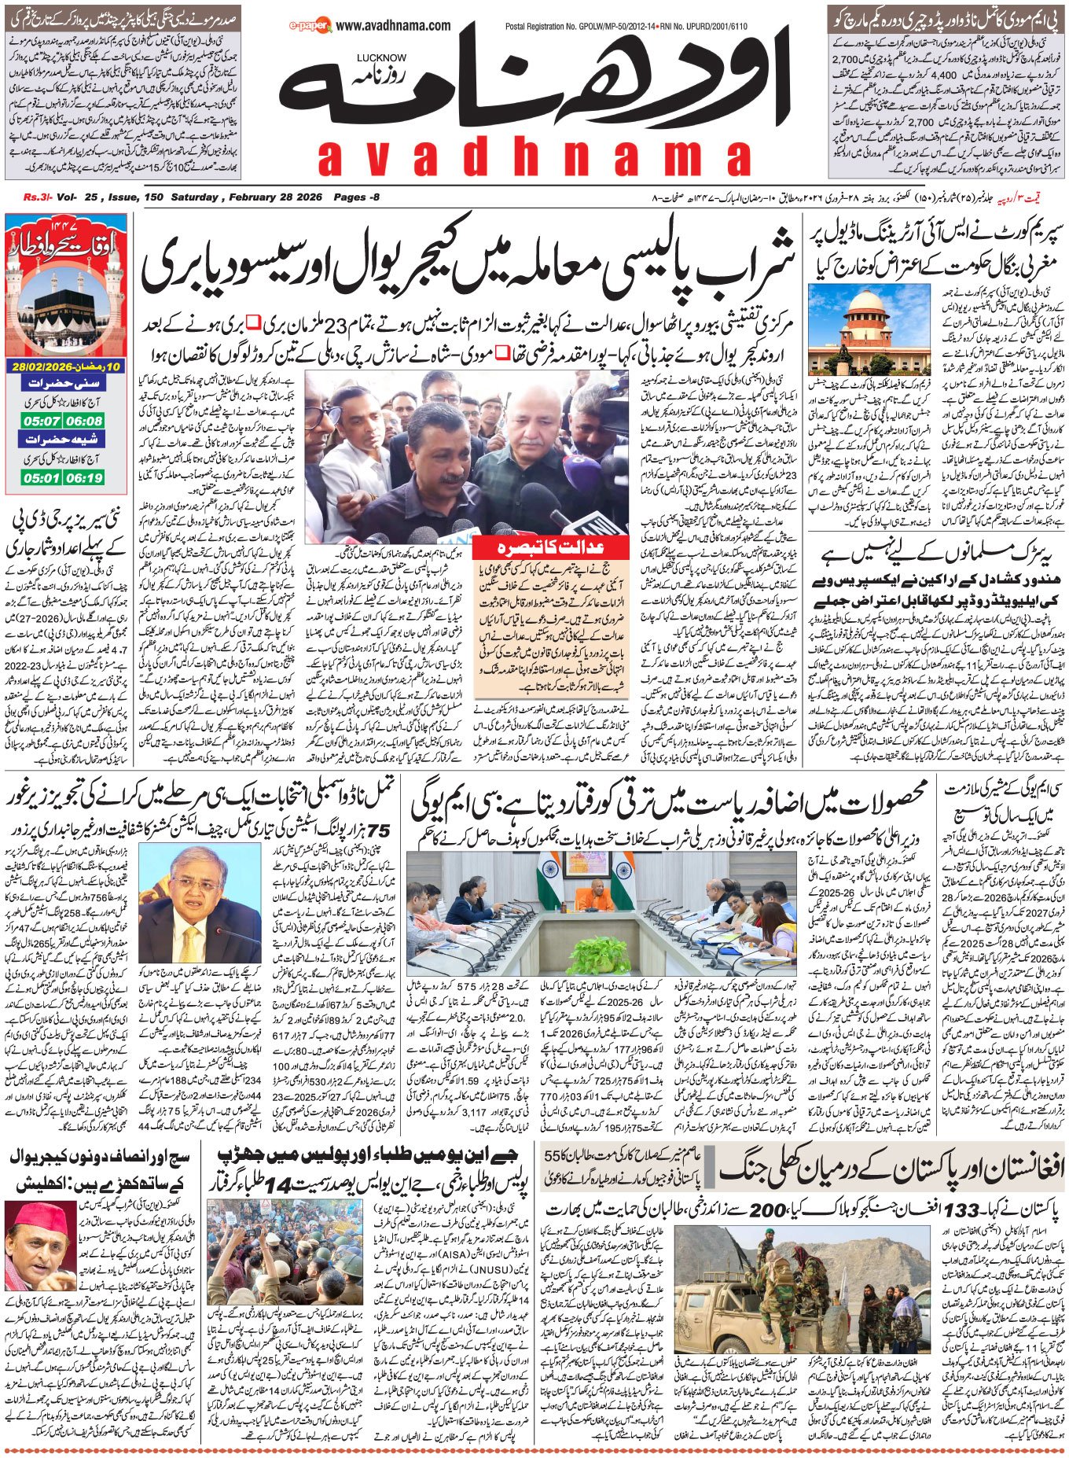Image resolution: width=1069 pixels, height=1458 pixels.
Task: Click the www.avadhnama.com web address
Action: [x=393, y=26]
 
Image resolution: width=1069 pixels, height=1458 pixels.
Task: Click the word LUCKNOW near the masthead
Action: [x=381, y=57]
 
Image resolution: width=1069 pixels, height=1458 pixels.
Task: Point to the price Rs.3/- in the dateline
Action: [x=35, y=197]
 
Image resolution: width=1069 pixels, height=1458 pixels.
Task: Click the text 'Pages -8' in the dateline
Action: [x=356, y=197]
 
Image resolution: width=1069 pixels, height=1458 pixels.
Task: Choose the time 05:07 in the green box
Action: [x=42, y=422]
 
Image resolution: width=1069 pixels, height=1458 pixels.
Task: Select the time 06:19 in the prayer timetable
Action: [x=86, y=477]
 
